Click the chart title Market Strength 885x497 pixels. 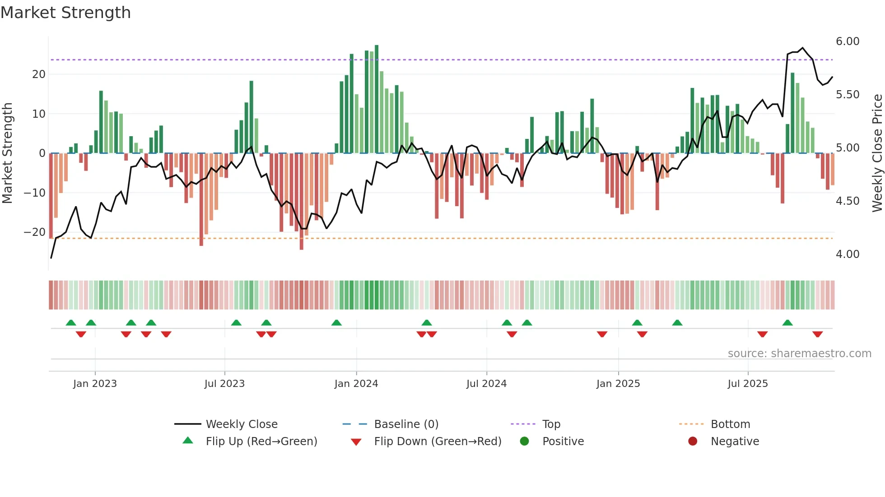point(65,13)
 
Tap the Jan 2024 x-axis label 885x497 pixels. point(356,383)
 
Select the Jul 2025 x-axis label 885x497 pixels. point(747,383)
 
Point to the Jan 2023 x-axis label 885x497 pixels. point(95,383)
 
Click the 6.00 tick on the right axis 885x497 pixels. point(847,41)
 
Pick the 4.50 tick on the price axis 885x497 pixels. point(847,201)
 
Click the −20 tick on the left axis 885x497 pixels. point(35,232)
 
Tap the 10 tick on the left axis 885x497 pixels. point(39,114)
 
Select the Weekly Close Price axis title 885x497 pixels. point(877,153)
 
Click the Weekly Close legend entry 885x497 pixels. point(241,424)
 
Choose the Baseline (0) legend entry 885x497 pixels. point(406,424)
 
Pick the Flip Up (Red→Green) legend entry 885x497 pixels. point(261,441)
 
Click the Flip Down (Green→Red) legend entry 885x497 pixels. point(437,441)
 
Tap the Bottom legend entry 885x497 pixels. point(730,424)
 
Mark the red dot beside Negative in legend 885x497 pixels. point(693,441)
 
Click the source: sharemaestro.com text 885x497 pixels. point(799,353)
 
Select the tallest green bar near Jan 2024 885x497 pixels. point(377,99)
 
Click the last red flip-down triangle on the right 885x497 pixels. point(817,334)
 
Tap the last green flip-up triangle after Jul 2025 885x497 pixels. point(787,322)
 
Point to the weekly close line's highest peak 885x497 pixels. point(802,48)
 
